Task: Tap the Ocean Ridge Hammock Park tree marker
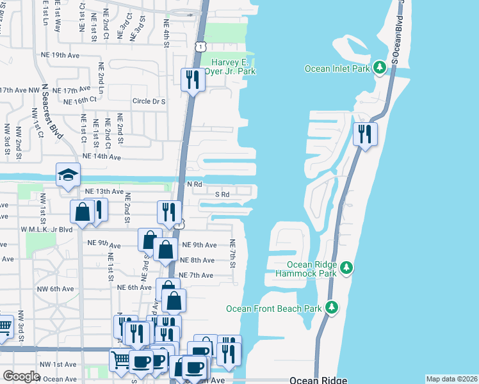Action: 346,267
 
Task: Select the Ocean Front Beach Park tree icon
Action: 332,308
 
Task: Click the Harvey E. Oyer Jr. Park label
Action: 233,67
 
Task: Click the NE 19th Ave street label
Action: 57,56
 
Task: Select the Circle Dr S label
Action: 149,101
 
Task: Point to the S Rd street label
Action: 222,194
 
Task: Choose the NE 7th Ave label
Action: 195,275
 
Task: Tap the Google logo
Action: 21,376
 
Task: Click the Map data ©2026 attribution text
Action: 451,379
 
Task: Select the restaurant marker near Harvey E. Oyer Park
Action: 192,81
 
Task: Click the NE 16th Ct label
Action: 80,100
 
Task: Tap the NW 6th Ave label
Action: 54,289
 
